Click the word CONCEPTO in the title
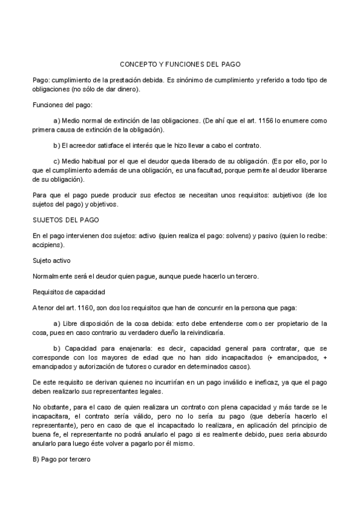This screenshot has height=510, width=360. click(136, 63)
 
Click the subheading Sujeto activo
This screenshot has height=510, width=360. click(52, 261)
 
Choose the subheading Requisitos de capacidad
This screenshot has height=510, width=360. click(69, 292)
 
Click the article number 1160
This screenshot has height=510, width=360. click(84, 308)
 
